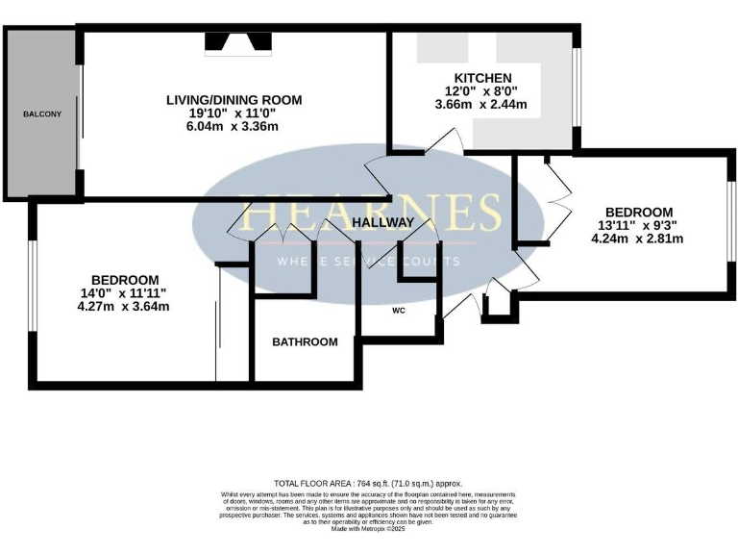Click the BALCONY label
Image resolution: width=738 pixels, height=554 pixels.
click(x=42, y=114)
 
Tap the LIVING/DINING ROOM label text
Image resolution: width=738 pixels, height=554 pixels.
click(x=234, y=99)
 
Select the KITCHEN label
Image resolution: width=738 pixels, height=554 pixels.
click(x=483, y=78)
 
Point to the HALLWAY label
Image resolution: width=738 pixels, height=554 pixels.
click(x=382, y=223)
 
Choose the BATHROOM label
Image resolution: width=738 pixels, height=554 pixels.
click(x=305, y=341)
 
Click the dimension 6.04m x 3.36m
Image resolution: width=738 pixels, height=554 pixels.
click(x=234, y=127)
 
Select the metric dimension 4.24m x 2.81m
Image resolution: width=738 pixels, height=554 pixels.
click(x=639, y=239)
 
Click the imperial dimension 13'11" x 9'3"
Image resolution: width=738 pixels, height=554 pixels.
click(x=639, y=226)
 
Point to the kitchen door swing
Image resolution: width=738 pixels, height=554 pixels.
click(x=445, y=142)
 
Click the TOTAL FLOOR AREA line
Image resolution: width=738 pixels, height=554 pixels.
click(x=369, y=483)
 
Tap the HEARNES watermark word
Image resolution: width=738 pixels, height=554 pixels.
click(x=370, y=213)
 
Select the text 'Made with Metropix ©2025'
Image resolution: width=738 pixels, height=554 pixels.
click(x=369, y=528)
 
